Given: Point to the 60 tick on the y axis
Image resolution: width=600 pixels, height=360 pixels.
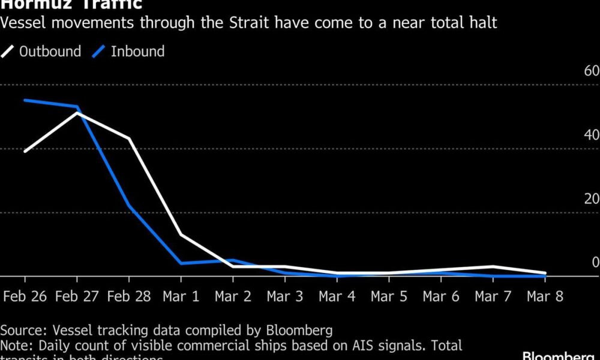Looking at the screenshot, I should [x=592, y=71].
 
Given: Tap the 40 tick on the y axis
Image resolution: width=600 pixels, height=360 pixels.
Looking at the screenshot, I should [x=592, y=135].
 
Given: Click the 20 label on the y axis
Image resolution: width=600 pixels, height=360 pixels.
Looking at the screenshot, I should [x=592, y=199].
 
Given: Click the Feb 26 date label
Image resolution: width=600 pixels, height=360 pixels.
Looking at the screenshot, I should [x=25, y=296].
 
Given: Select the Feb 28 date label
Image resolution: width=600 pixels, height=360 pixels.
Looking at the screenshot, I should [x=128, y=296].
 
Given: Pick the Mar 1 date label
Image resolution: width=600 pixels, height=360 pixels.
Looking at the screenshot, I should [x=181, y=296].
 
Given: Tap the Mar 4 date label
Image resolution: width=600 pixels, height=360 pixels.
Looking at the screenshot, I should [x=337, y=296].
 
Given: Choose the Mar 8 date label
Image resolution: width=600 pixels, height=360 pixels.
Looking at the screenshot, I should [x=545, y=296].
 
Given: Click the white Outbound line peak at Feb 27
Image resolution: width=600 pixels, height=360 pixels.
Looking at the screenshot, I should [x=77, y=113].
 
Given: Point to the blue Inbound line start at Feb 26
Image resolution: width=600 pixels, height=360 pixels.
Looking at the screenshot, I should [x=25, y=100].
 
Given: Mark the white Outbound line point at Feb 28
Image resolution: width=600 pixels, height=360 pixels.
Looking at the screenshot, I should [x=128, y=139].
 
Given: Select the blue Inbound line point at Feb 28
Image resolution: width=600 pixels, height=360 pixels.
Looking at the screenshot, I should [x=128, y=205].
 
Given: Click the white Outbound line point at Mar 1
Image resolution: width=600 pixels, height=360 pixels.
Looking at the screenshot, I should [x=181, y=235].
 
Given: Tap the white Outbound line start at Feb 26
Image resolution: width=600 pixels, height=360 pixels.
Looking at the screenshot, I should [x=25, y=151].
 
